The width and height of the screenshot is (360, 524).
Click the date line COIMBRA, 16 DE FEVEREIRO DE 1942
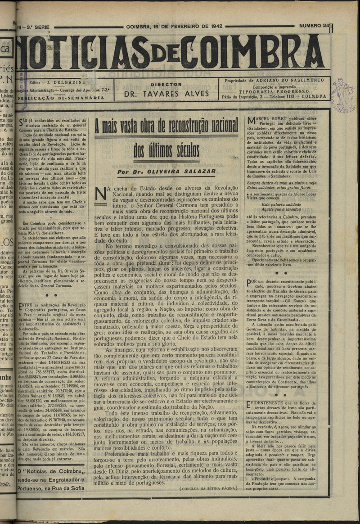174,27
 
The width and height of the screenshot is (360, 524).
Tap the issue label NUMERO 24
315,27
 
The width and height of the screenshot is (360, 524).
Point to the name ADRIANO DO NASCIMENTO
298,80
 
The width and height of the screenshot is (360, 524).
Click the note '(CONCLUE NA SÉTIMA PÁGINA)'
208,488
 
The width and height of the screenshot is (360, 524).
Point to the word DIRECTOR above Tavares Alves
166,84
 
